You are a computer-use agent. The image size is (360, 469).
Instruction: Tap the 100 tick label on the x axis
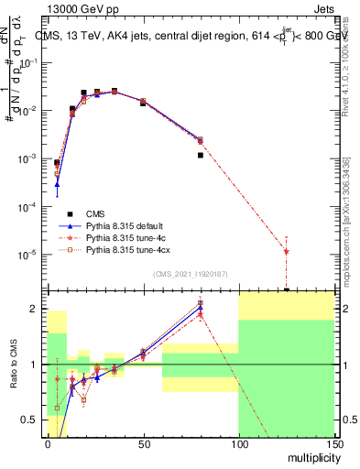239,444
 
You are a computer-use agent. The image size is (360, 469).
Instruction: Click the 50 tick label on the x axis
143,444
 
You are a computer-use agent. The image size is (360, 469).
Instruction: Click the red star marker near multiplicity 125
287,251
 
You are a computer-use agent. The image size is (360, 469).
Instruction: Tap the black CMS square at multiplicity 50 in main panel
143,104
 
